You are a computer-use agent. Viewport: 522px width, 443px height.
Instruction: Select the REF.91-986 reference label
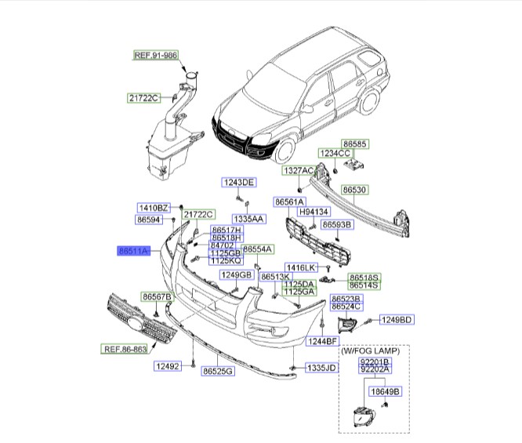(154, 56)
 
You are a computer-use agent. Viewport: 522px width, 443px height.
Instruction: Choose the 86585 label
(363, 144)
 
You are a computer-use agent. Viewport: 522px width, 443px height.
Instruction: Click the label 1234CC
(334, 154)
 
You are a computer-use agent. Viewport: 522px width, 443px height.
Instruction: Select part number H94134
(317, 212)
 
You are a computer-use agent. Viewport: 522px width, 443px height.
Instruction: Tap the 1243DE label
(239, 182)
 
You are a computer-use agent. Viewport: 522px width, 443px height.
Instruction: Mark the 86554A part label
(257, 249)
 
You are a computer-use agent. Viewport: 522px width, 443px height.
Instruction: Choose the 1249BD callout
(397, 319)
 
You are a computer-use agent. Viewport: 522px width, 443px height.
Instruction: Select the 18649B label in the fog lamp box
(385, 390)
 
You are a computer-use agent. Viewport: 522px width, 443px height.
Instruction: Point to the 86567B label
(157, 296)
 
